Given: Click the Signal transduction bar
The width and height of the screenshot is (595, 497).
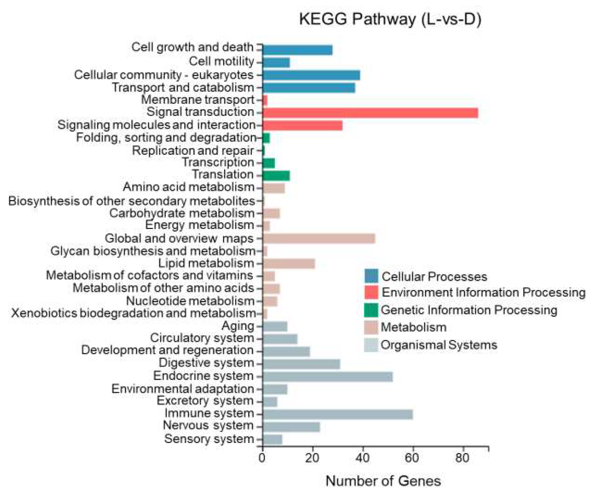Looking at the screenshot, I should [x=370, y=113].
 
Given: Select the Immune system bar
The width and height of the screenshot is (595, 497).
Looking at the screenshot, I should [x=337, y=414].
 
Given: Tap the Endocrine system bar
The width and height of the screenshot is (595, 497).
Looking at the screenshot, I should [x=327, y=377].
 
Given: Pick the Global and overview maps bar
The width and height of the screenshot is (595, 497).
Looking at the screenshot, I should [x=319, y=239].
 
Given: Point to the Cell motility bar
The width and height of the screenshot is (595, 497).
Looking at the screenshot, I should [x=276, y=63].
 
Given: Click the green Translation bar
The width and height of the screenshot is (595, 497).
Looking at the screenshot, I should [x=276, y=176].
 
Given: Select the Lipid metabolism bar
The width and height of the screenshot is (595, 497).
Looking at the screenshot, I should [x=289, y=264].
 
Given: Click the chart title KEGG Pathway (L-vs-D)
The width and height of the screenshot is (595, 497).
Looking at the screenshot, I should [x=390, y=19].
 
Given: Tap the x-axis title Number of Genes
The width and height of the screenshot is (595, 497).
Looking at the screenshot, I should [x=383, y=481].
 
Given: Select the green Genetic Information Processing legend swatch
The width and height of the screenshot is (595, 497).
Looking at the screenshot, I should [x=371, y=310].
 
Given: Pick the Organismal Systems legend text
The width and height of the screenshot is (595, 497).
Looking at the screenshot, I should [x=439, y=345].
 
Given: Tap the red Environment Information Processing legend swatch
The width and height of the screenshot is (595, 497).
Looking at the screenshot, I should [x=371, y=292].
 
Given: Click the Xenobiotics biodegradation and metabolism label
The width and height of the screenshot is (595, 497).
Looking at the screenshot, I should [x=133, y=313].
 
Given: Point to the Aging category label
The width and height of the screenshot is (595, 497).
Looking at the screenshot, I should [x=238, y=326].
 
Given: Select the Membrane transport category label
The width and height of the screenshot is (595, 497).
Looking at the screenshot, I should [x=198, y=100].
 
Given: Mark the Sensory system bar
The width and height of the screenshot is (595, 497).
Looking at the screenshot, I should [x=272, y=440].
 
